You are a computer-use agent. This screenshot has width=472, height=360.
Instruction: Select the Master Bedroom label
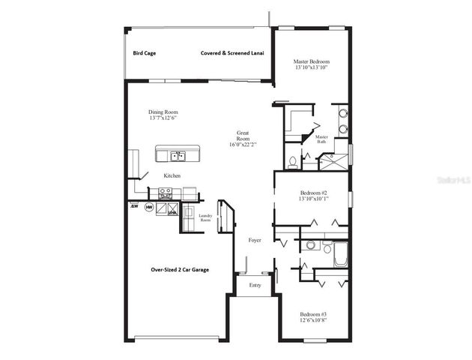tap(312, 61)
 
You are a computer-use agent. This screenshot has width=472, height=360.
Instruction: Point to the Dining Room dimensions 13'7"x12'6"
tap(163, 118)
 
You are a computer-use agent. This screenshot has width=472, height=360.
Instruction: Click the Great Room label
tap(243, 138)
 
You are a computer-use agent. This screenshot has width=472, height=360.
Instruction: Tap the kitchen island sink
tap(178, 156)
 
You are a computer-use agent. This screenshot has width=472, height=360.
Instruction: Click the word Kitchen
tap(172, 175)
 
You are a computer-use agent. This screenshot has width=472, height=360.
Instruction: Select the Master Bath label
tap(322, 139)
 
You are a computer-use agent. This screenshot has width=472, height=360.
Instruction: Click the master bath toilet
tap(292, 161)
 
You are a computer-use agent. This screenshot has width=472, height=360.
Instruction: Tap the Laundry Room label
tap(205, 218)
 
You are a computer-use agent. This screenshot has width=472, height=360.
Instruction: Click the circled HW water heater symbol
tap(148, 207)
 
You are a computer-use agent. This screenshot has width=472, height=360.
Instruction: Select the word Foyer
tap(255, 240)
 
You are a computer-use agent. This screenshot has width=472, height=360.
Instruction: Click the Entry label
tap(255, 285)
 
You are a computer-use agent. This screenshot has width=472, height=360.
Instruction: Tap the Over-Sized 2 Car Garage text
tap(180, 269)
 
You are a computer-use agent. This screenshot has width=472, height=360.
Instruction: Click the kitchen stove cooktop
tap(165, 193)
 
